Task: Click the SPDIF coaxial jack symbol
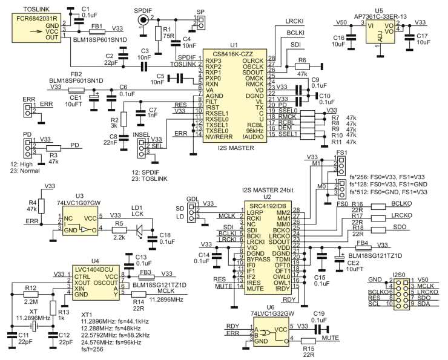point(143,20)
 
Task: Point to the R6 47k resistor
point(303,67)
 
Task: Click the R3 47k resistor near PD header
point(53,148)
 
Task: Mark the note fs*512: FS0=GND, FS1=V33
point(389,191)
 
